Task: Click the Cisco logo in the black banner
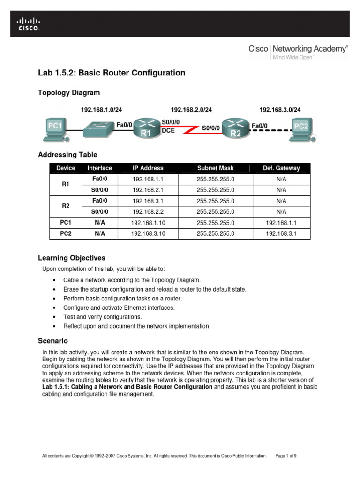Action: pos(29,24)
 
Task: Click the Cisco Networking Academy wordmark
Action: pos(298,49)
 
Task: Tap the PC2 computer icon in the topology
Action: pos(300,127)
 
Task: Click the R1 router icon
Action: pos(145,127)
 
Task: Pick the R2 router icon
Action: pos(235,127)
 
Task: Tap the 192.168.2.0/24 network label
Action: pos(191,110)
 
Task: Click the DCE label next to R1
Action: pos(168,131)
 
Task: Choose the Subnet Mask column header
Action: pos(215,168)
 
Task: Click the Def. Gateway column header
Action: pos(281,168)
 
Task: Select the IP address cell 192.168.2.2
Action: pos(148,211)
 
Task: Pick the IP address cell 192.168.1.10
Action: pos(148,222)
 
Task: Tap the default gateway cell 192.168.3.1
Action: pos(281,233)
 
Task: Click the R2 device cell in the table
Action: pos(66,206)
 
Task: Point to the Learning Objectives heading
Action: pos(71,258)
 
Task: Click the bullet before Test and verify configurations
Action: pos(56,317)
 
